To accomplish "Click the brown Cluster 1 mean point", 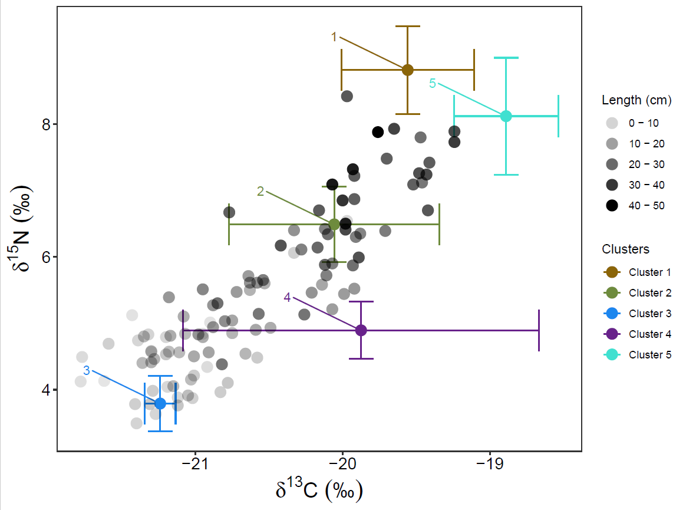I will [407, 70].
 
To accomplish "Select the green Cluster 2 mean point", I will [334, 224].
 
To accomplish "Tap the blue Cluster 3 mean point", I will [160, 403].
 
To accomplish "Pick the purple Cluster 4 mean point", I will [361, 330].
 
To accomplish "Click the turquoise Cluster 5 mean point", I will [506, 116].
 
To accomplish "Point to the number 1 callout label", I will [334, 37].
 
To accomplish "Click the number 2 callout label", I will [260, 191].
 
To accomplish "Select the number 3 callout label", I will [86, 370].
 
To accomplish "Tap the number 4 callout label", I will [287, 297].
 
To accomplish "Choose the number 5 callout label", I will [433, 84].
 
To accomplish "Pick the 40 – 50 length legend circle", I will [612, 206].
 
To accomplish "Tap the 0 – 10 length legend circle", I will [612, 123].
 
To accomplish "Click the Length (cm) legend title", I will [636, 100].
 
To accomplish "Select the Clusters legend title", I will [625, 249].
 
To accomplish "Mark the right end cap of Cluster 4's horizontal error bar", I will [539, 330].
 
